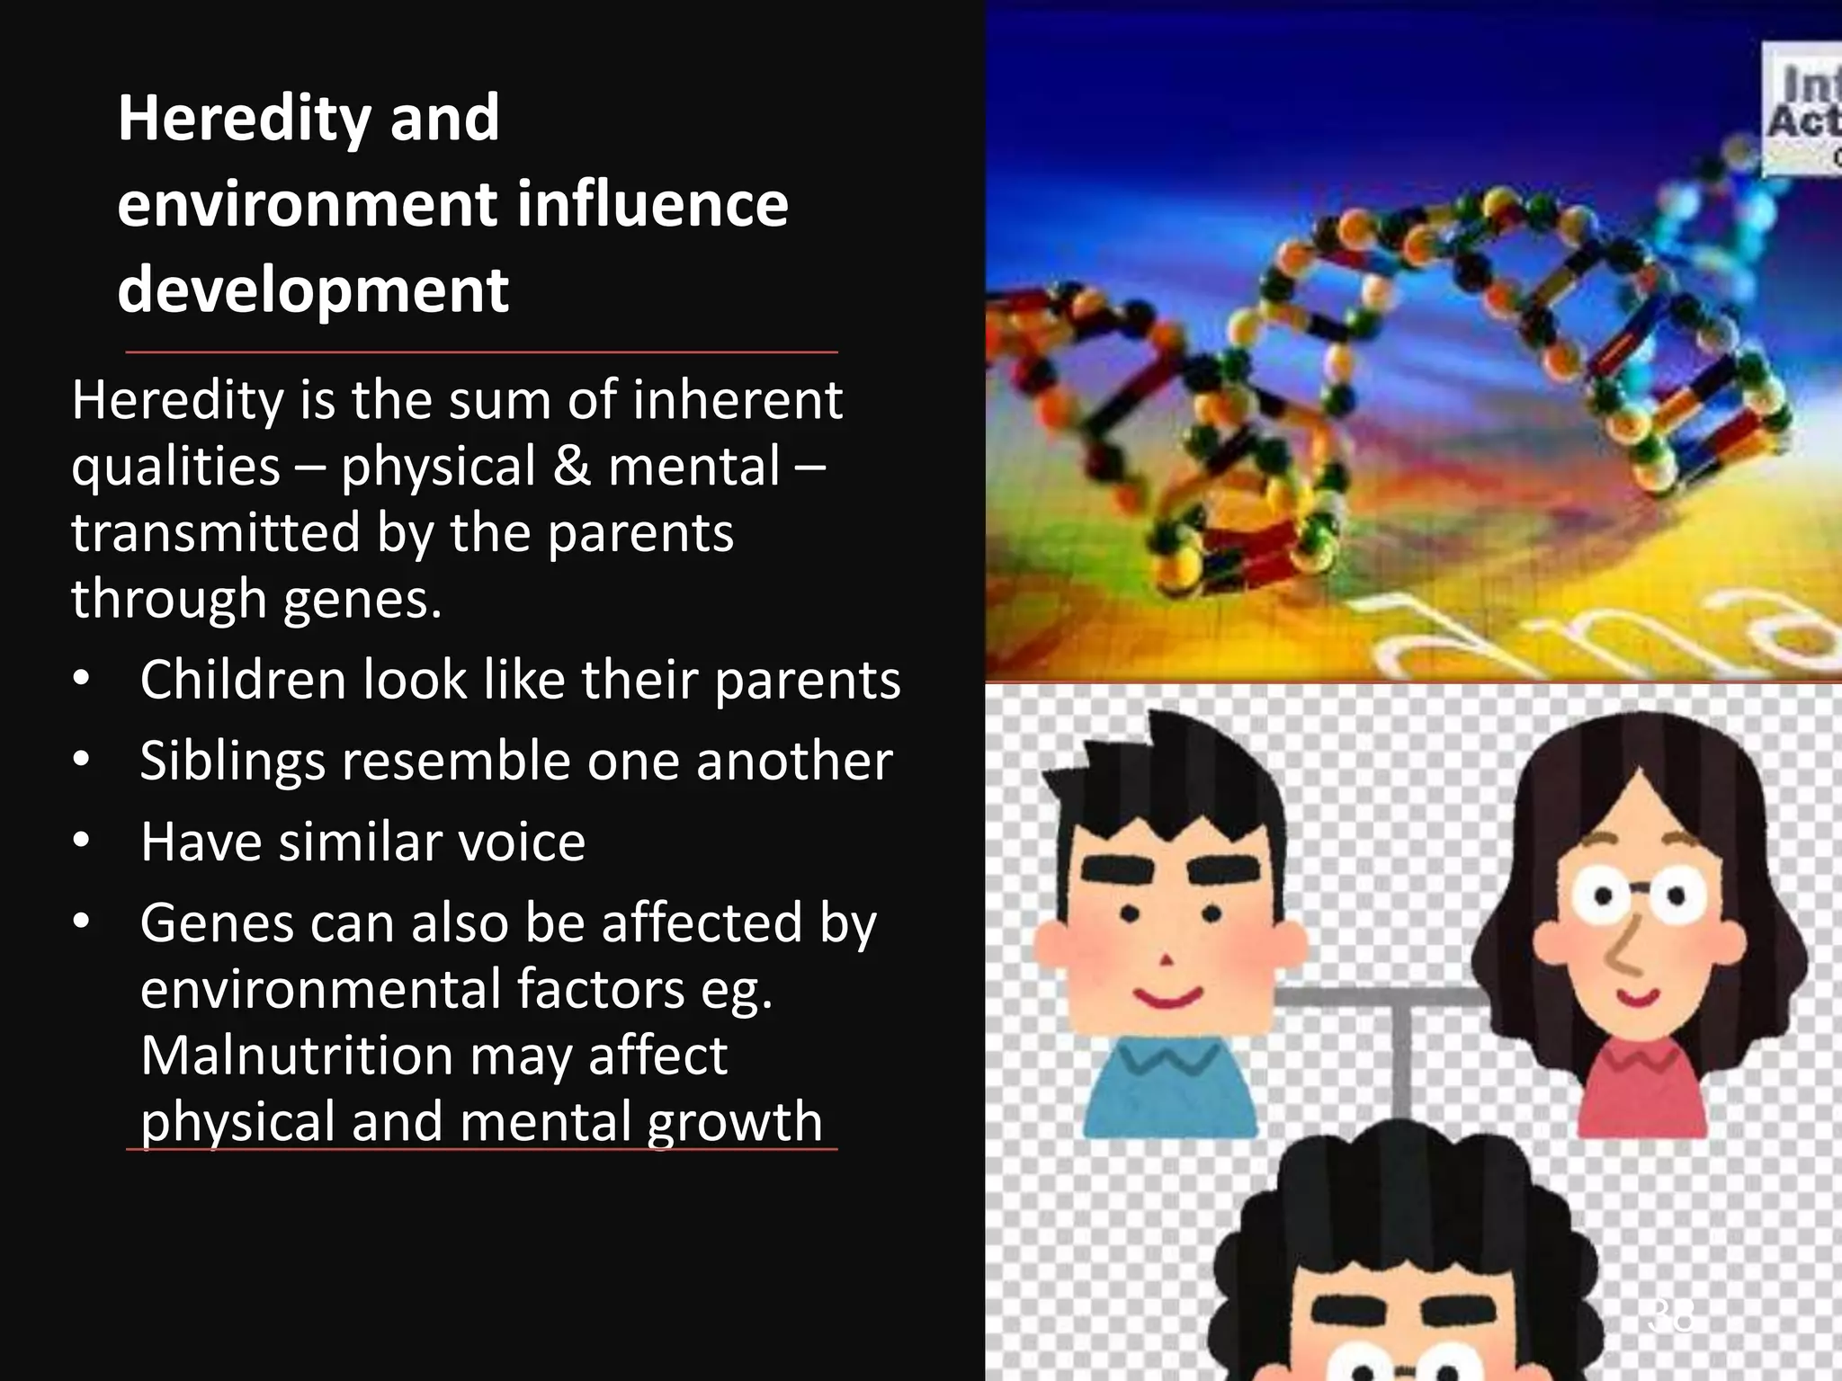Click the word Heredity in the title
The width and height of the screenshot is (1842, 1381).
243,119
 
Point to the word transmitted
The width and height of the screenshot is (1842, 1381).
215,532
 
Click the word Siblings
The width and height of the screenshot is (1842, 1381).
232,761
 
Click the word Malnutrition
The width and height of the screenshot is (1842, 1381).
298,1055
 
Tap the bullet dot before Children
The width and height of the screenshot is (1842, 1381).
82,681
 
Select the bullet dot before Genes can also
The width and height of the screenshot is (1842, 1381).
82,923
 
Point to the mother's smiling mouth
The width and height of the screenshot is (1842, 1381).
1639,996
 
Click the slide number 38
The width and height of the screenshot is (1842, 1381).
1671,1314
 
